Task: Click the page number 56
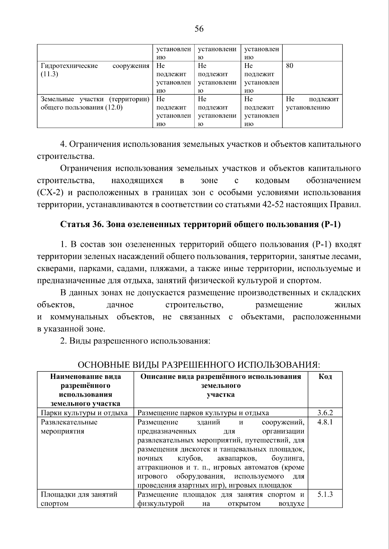click(x=199, y=29)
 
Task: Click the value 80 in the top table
click(x=289, y=66)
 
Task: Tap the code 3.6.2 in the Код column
click(x=325, y=413)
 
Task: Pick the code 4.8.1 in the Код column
click(x=325, y=422)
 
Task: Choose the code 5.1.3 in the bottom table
click(x=325, y=495)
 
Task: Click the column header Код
click(x=325, y=377)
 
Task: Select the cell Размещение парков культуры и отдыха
click(x=203, y=413)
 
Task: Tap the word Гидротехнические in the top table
click(x=69, y=66)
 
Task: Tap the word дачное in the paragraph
click(x=120, y=305)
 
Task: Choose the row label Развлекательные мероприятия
click(x=69, y=426)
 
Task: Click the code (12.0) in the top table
click(x=113, y=107)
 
